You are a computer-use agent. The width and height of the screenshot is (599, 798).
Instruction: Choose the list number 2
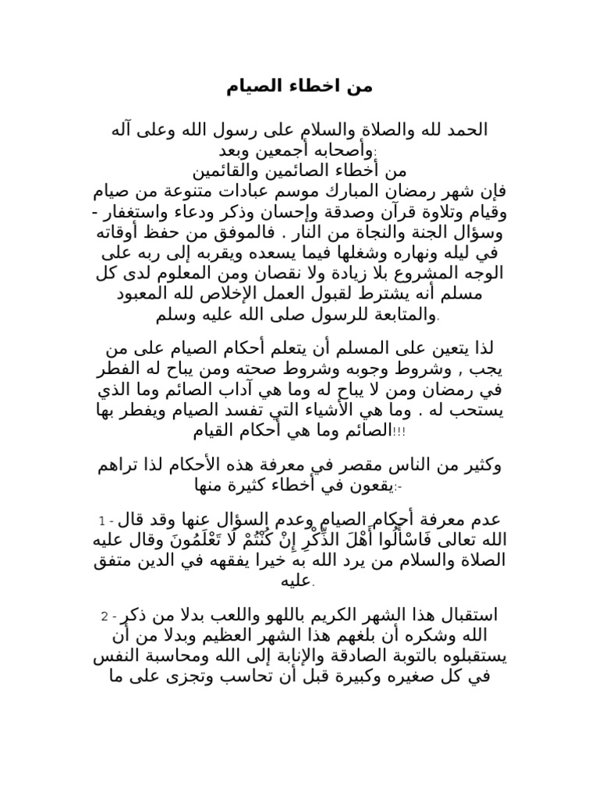tap(104, 617)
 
